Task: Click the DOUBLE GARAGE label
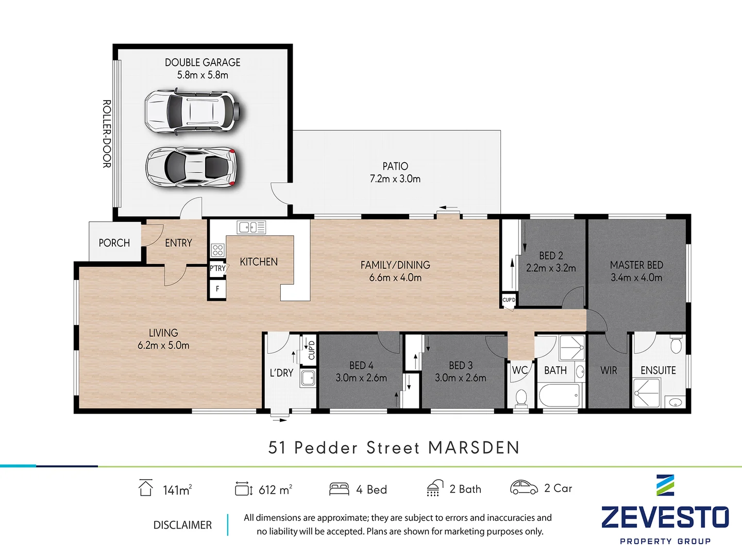[203, 62]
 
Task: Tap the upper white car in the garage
[192, 111]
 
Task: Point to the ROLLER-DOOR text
[107, 134]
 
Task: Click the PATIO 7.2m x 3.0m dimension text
[395, 179]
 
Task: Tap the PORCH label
[114, 242]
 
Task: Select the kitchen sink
[251, 227]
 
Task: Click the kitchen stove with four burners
[217, 250]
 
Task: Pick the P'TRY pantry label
[217, 268]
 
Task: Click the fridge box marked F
[217, 289]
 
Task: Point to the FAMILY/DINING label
[395, 265]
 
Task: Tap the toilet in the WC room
[521, 398]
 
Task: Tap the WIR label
[609, 370]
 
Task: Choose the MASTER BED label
[636, 265]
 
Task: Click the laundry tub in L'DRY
[308, 378]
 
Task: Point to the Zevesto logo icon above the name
[665, 485]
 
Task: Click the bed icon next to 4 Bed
[339, 488]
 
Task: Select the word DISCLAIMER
[182, 525]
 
